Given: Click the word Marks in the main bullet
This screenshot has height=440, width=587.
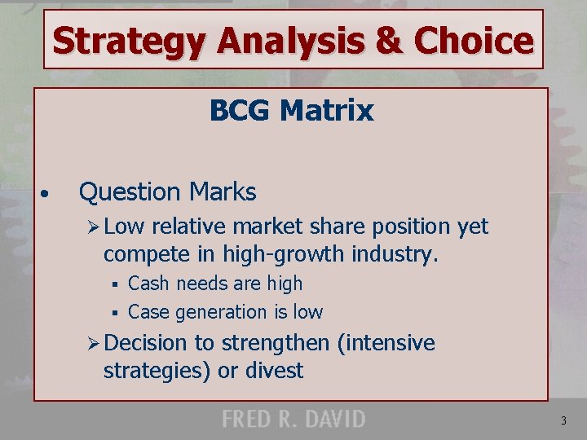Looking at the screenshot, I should tap(222, 192).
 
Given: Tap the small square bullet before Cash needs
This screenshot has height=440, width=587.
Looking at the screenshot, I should tap(117, 285).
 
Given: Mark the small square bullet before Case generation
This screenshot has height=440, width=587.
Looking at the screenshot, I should tap(117, 313).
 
